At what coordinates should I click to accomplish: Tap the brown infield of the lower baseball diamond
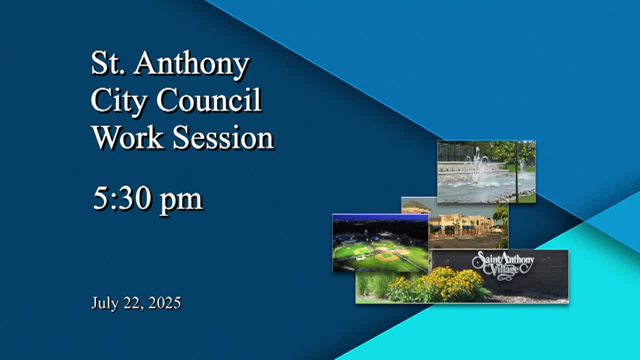[385, 256]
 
